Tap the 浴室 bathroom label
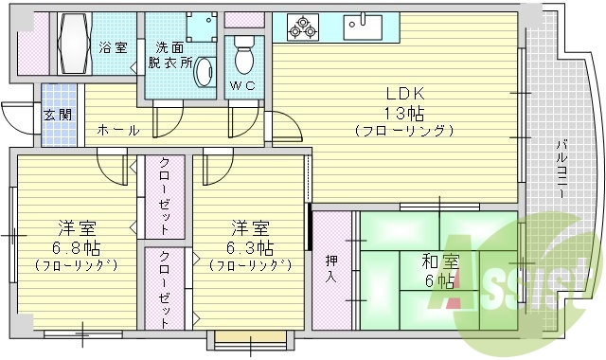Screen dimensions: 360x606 click(x=114, y=46)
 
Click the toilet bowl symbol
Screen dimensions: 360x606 click(x=244, y=58)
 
